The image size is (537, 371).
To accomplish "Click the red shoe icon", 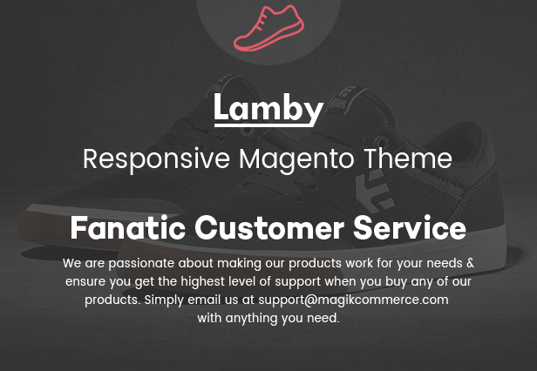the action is click(269, 29).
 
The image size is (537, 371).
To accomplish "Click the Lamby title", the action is click(268, 108).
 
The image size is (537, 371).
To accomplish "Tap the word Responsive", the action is click(156, 160).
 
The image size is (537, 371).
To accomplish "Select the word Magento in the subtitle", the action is click(296, 160).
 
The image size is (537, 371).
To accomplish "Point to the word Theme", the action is click(408, 159).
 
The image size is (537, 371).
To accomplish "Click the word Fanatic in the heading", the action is click(128, 227).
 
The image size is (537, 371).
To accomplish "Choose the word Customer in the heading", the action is click(269, 227).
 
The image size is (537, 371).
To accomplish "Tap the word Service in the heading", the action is click(410, 227).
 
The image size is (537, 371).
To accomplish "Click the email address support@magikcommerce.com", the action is click(353, 300).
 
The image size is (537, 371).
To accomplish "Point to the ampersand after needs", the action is click(471, 263).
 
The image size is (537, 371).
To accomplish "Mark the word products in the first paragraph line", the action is click(315, 264).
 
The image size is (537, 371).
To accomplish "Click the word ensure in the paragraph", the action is click(86, 282).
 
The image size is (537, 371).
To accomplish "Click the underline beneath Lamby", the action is click(264, 125).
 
